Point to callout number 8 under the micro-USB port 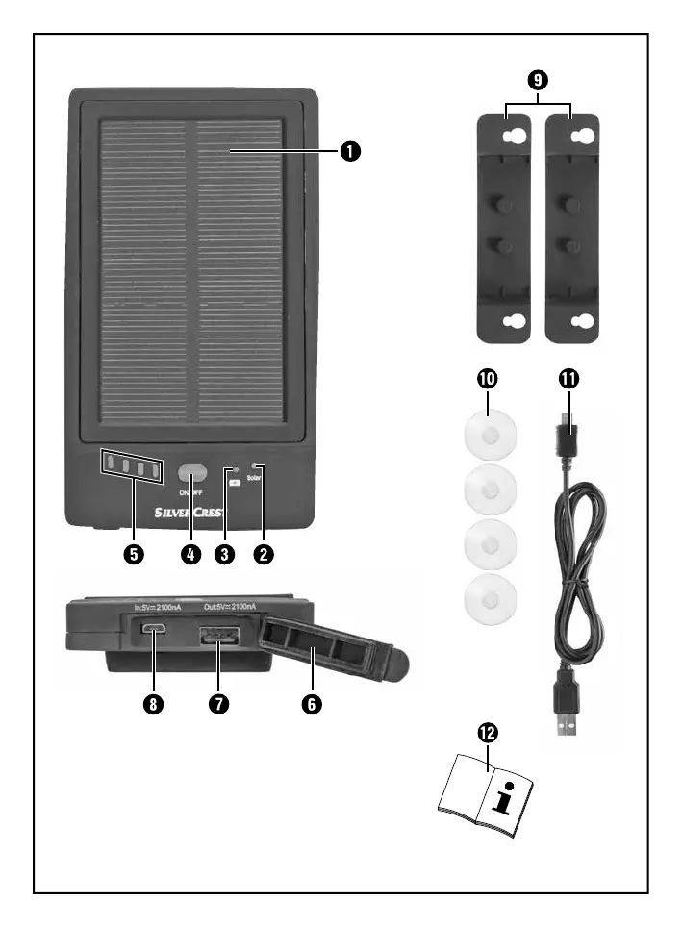click(x=152, y=703)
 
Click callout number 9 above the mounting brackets click(x=538, y=78)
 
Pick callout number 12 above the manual click(x=489, y=734)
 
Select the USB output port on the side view click(x=219, y=638)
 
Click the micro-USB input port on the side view click(x=153, y=630)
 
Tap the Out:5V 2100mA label click(x=229, y=607)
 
